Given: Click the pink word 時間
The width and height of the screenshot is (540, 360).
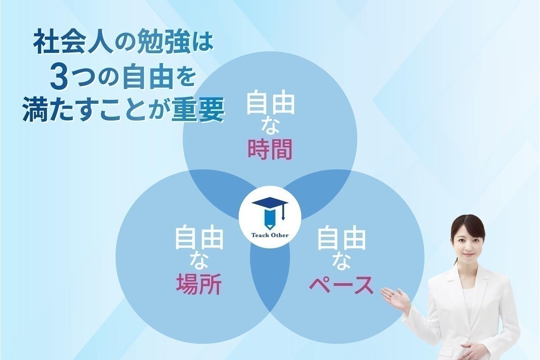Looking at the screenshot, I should point(270,150).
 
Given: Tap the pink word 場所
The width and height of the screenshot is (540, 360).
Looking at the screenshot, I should point(199,284).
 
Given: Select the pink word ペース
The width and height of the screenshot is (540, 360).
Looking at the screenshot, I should point(341,284).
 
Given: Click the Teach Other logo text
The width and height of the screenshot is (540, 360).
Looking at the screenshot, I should point(270,235).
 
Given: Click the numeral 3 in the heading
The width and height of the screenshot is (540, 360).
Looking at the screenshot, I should point(59,77).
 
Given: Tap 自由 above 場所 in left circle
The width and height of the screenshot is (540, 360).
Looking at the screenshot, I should point(199,239).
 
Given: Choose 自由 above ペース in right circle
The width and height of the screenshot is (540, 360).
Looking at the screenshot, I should point(341,239).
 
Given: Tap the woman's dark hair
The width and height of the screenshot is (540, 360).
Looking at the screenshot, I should point(468,222).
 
